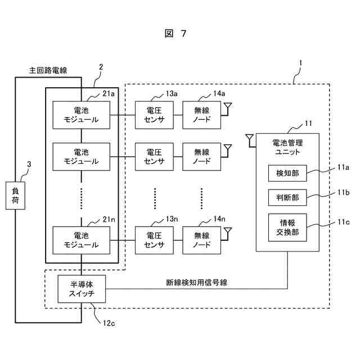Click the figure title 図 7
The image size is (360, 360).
point(175,34)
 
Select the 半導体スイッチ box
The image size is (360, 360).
point(82,289)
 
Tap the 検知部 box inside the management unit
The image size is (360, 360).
point(287,174)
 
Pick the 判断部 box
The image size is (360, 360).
point(287,198)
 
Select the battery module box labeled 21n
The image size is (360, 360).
point(82,239)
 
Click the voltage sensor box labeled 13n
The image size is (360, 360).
point(155,239)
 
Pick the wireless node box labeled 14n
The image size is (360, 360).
point(201,239)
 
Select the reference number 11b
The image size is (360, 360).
point(343,192)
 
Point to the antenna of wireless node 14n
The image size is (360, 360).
point(227,231)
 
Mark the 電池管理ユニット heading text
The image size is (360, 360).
point(287,148)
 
